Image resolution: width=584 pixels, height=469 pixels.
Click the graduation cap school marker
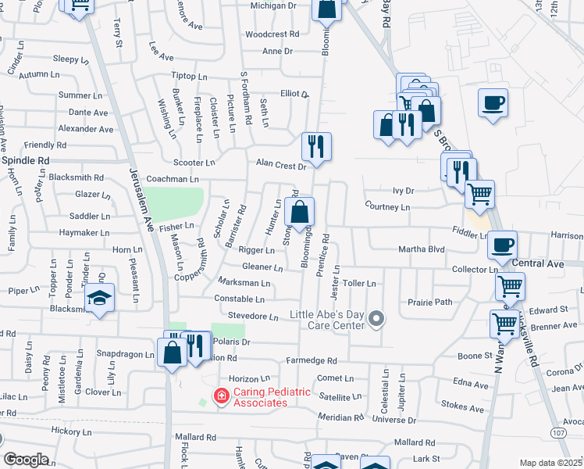point(100,298)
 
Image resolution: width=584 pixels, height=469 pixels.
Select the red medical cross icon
point(221,397)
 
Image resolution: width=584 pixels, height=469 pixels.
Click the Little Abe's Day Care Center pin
point(377,318)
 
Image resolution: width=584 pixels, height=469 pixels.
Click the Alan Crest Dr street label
point(280,164)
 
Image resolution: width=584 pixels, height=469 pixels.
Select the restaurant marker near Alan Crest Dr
point(316,145)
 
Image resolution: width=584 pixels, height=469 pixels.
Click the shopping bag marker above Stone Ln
point(299,211)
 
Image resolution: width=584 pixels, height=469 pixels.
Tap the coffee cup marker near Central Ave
point(502,245)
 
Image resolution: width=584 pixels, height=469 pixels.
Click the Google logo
point(26,460)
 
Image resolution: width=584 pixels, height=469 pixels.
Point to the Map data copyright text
point(550,463)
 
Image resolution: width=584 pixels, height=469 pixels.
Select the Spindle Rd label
point(25,160)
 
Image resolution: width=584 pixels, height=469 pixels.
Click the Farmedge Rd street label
point(311,361)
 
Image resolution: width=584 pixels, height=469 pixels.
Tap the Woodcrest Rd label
point(272,34)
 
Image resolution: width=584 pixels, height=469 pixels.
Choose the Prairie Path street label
point(430,302)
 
